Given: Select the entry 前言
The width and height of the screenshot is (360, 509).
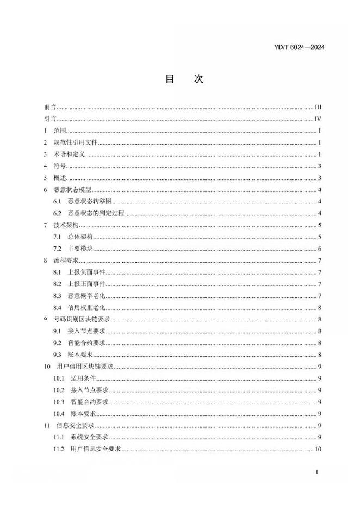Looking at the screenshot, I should pos(50,107).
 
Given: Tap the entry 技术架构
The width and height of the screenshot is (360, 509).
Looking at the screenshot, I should pos(66,225).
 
